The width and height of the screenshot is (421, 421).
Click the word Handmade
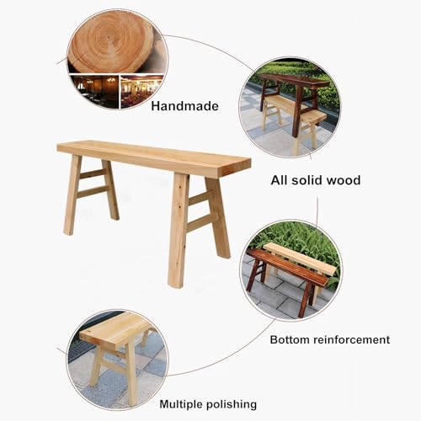(x=184, y=107)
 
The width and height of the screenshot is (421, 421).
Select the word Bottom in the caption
(x=290, y=339)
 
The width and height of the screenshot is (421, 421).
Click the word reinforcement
(x=351, y=339)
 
